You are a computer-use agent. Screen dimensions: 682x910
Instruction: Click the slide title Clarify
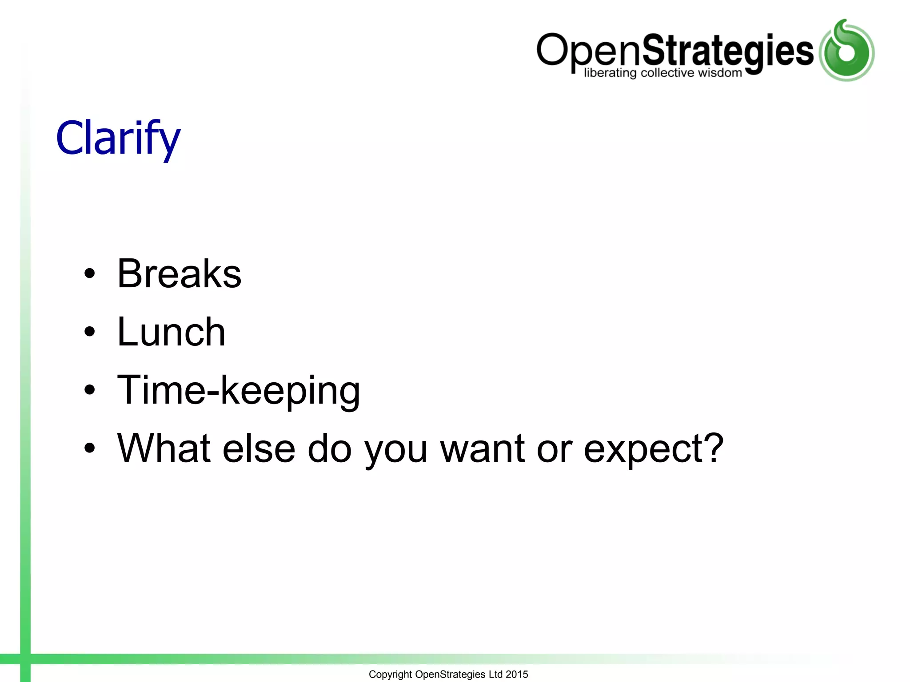point(118,138)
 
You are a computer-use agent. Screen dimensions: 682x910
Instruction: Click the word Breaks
point(179,274)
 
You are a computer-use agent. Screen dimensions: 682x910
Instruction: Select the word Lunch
point(171,332)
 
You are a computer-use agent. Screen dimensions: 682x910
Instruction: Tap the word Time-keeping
point(239,390)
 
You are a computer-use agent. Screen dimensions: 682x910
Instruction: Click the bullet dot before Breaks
point(90,274)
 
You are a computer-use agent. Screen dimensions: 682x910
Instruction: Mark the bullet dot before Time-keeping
point(90,390)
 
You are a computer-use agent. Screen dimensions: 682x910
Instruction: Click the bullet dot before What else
point(90,448)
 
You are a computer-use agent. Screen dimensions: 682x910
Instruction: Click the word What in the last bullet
point(163,448)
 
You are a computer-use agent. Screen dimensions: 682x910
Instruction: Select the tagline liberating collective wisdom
point(663,73)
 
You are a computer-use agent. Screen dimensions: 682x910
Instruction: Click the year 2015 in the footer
point(517,674)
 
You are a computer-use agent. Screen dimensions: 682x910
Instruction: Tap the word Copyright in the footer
point(390,674)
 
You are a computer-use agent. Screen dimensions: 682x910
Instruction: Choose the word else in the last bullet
point(259,448)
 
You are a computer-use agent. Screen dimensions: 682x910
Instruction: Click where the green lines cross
point(25,659)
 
